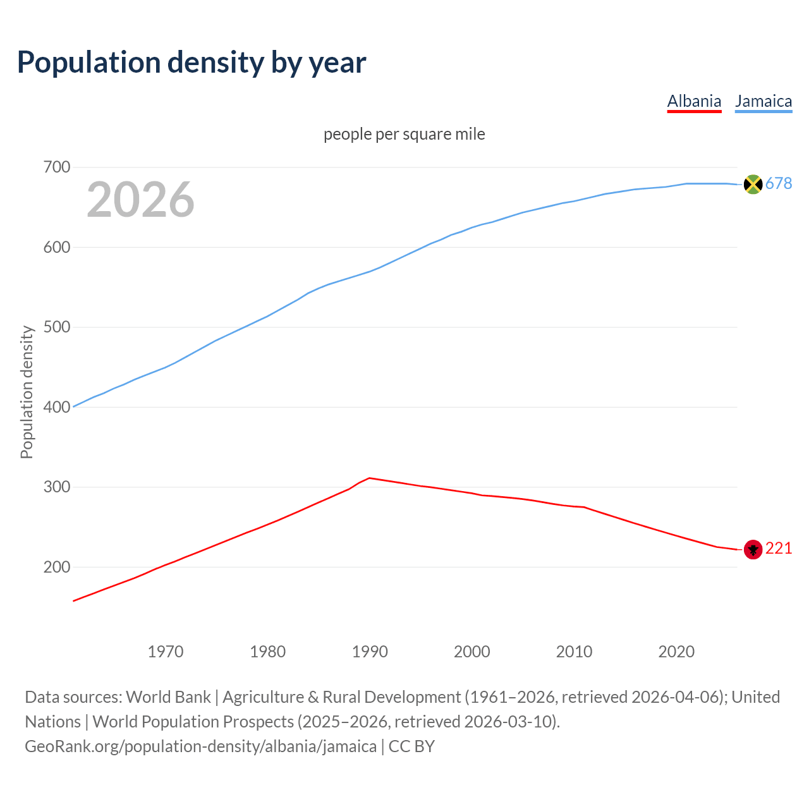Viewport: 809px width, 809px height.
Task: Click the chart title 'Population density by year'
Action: click(x=192, y=63)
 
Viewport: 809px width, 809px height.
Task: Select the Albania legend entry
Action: click(x=694, y=101)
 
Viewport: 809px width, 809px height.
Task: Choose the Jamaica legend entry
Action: click(x=763, y=101)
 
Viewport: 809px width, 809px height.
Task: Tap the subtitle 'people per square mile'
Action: click(x=404, y=134)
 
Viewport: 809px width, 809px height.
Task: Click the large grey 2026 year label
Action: click(x=140, y=200)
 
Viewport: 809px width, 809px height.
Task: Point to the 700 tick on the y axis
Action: click(x=56, y=167)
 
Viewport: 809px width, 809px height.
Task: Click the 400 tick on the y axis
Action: click(x=56, y=407)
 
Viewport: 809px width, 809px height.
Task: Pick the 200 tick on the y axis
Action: click(x=56, y=567)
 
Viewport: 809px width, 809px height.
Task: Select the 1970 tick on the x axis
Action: click(x=166, y=652)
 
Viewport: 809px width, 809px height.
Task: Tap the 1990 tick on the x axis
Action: click(x=370, y=652)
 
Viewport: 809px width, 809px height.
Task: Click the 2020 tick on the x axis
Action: click(x=676, y=652)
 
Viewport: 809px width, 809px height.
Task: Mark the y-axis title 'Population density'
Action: click(x=27, y=392)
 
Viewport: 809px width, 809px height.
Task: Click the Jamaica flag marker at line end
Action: click(x=753, y=184)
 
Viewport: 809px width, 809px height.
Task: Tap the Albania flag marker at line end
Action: click(x=753, y=549)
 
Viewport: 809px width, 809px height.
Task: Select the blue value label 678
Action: click(x=779, y=183)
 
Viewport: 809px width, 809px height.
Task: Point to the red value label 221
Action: click(x=779, y=549)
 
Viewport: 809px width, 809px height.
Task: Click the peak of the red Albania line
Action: click(x=369, y=478)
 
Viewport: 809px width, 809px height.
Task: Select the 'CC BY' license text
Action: click(x=411, y=746)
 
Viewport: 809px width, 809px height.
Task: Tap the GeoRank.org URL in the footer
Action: click(x=200, y=746)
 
